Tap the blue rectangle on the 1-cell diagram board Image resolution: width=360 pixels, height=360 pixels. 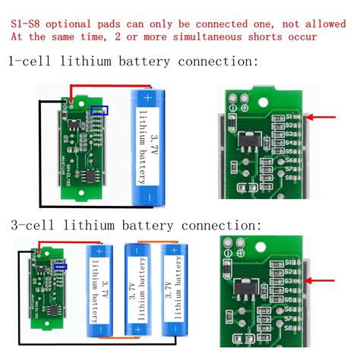pos(99,111)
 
